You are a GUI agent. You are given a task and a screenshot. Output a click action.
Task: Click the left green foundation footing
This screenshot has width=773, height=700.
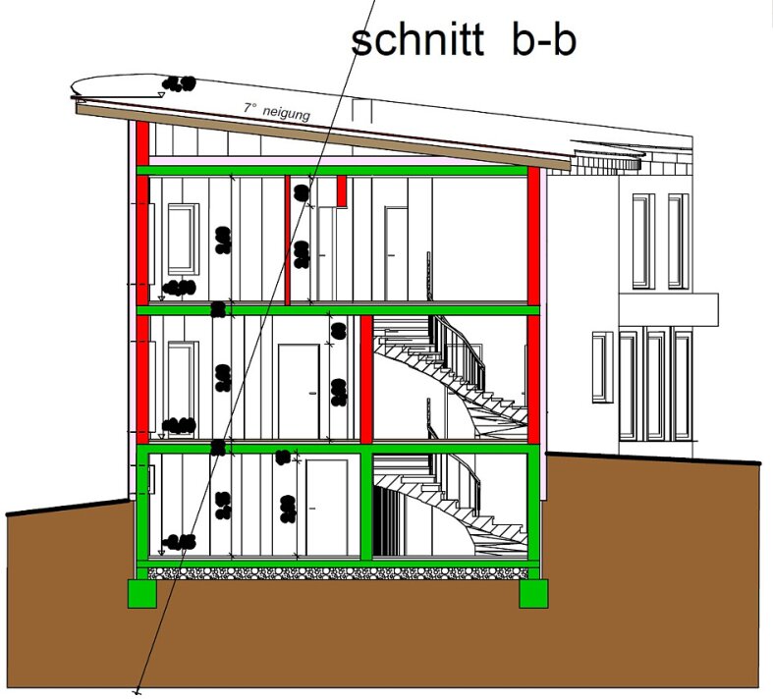(x=143, y=592)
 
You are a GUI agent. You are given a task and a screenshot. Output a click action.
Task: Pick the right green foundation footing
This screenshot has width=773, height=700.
(x=532, y=592)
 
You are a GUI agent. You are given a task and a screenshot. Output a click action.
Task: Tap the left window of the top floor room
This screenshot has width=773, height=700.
(x=182, y=239)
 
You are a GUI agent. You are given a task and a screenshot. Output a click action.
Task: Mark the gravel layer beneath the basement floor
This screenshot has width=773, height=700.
(x=334, y=572)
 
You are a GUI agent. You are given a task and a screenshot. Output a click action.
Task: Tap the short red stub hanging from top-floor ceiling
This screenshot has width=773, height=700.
(x=342, y=191)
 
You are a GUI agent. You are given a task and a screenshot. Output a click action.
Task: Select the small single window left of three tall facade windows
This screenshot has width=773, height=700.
(x=602, y=367)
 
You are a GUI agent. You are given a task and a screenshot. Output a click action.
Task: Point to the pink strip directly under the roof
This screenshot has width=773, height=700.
(x=334, y=159)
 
